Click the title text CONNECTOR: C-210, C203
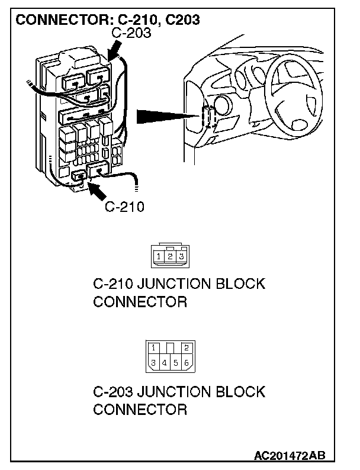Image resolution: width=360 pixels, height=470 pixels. coord(107,20)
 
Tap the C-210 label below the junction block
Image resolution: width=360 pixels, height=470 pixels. coord(124,207)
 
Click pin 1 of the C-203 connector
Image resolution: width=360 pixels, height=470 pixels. coord(153,347)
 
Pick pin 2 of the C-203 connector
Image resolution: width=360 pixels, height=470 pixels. coord(186,347)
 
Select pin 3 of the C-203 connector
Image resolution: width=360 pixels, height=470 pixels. coord(153,362)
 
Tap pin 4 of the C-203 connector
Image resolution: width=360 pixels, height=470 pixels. coord(165,362)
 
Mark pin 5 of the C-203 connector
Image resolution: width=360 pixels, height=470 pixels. coord(175,362)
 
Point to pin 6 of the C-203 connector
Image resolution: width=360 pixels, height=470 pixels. coord(186,362)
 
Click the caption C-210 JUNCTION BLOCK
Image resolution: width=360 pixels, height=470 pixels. coord(179,284)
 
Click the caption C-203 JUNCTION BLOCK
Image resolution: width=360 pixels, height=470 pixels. coord(179,392)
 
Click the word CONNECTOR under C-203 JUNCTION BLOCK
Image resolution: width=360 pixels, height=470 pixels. coord(140,410)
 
